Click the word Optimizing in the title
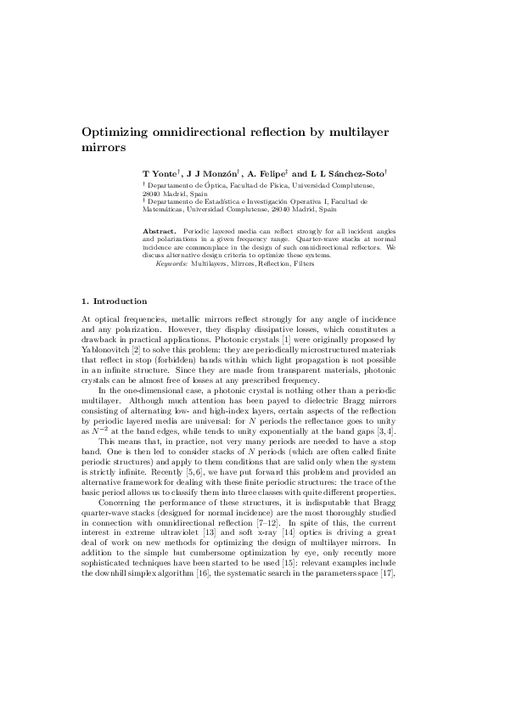(x=115, y=132)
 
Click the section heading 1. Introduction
(x=114, y=301)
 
